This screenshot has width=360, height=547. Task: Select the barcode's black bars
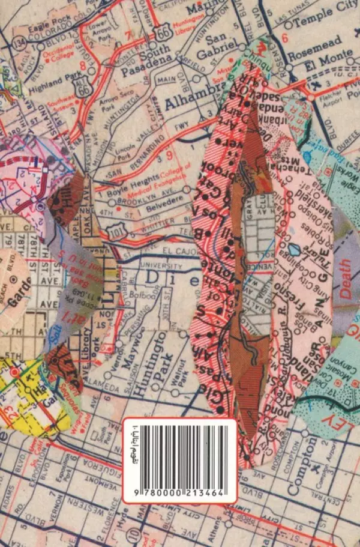(181, 451)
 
